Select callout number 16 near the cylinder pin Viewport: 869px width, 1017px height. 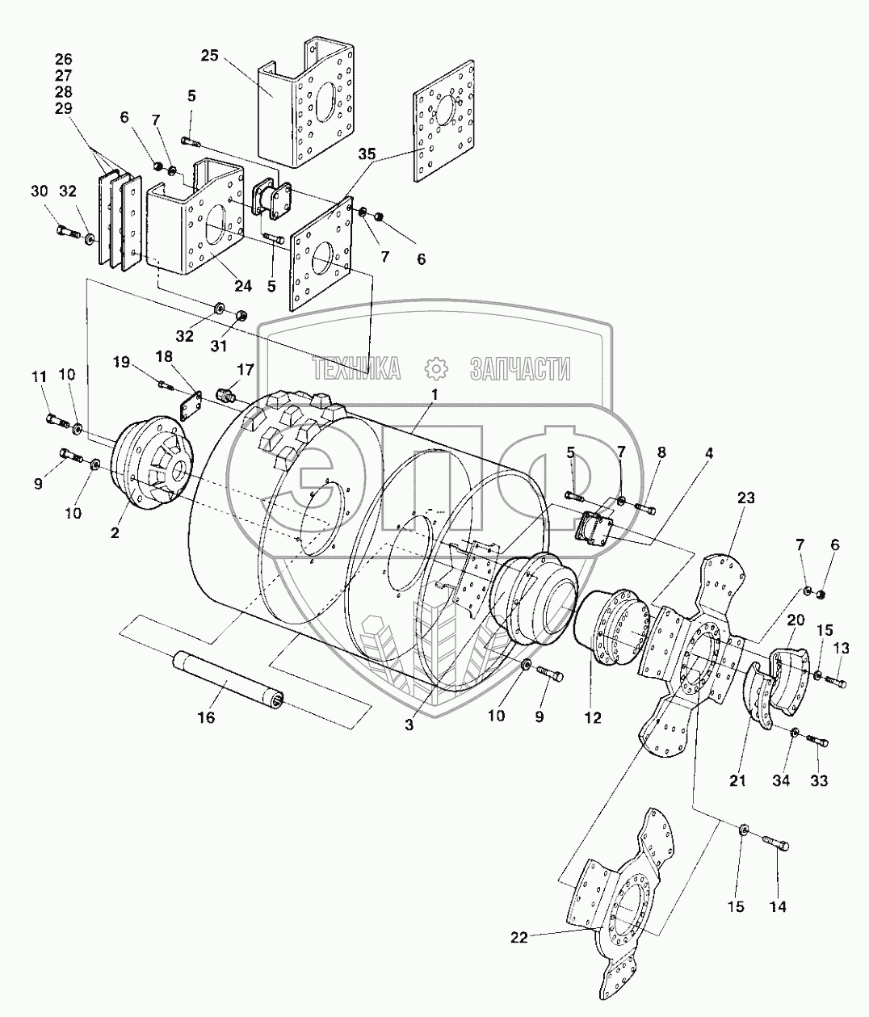tap(207, 717)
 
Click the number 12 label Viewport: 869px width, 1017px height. tap(593, 717)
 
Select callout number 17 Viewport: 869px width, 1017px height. tap(245, 369)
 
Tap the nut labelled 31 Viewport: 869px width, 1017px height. tap(240, 315)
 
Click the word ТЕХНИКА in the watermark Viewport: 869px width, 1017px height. tap(356, 369)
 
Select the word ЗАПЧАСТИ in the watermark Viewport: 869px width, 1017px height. tap(519, 369)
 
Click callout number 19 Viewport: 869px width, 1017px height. tap(120, 363)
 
